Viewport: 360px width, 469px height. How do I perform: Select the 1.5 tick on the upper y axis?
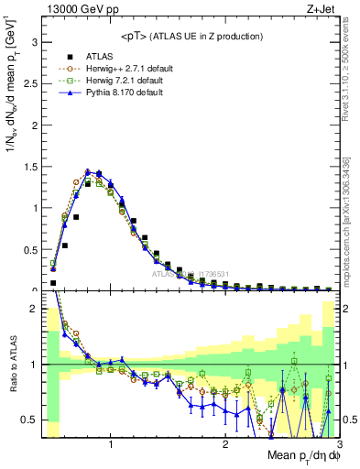[x=29, y=167]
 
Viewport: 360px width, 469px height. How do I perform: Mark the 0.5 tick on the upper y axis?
[x=29, y=249]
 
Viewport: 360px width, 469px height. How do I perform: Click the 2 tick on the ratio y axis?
[x=33, y=309]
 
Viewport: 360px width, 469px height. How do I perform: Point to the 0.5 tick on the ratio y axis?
[x=29, y=420]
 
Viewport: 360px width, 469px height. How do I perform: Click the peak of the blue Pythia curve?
[x=88, y=170]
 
